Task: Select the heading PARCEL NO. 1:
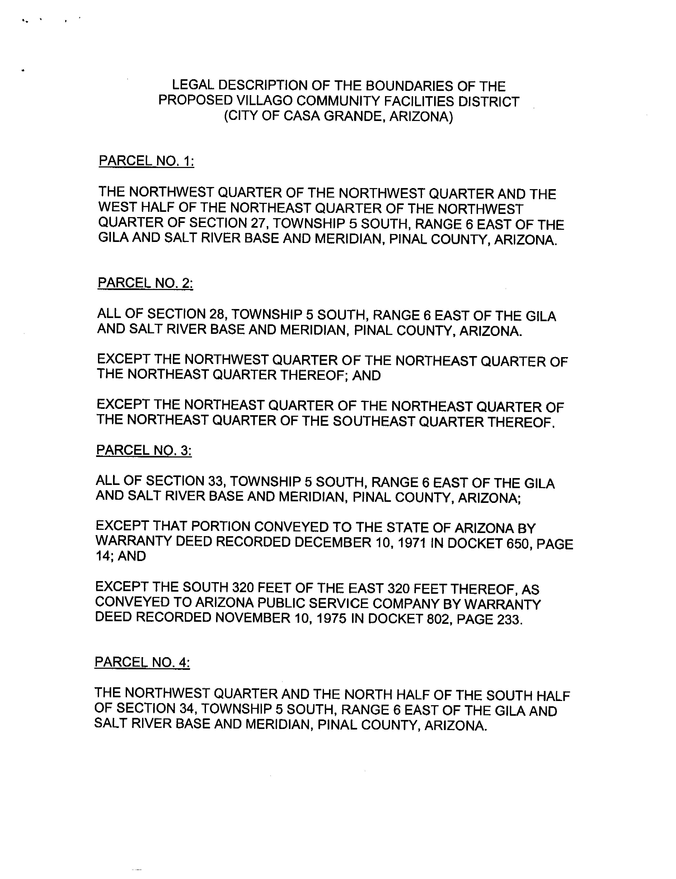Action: pyautogui.click(x=147, y=161)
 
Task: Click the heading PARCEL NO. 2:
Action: pyautogui.click(x=145, y=283)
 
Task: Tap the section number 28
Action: pyautogui.click(x=217, y=314)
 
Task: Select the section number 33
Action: pyautogui.click(x=216, y=481)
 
